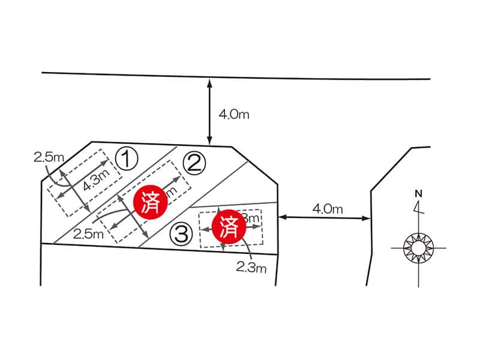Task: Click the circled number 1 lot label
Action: [127, 159]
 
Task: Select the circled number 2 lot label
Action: [194, 163]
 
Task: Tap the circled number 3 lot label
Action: [181, 233]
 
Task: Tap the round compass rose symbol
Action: [418, 247]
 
